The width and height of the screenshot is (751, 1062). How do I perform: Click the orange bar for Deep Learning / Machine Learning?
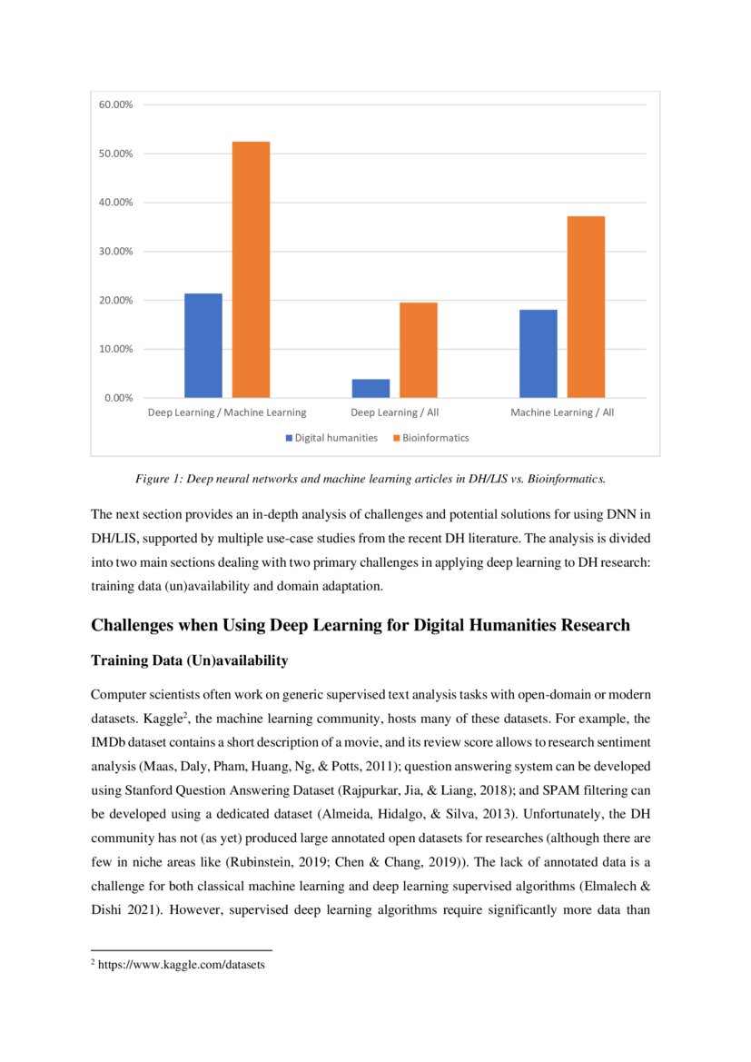point(251,270)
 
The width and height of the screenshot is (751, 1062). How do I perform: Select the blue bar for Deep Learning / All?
point(371,388)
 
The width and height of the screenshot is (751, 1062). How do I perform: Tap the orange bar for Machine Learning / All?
point(586,307)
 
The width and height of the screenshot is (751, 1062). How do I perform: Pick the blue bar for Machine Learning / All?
point(538,353)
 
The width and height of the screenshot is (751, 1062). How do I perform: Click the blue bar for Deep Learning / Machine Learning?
point(203,345)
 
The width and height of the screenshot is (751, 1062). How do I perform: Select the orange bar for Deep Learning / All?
point(418,350)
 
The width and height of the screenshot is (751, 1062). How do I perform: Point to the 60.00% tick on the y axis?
point(115,104)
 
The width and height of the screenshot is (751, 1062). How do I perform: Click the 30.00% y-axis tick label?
point(115,252)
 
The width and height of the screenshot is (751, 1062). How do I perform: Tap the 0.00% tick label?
point(118,398)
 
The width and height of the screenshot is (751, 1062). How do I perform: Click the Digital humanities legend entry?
point(335,438)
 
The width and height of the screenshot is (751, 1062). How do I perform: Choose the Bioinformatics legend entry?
point(436,438)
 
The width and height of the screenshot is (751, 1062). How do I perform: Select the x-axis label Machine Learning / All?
point(562,412)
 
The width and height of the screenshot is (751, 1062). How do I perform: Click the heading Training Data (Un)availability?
point(190,661)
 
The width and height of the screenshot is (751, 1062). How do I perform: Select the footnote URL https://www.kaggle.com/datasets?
point(181,965)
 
